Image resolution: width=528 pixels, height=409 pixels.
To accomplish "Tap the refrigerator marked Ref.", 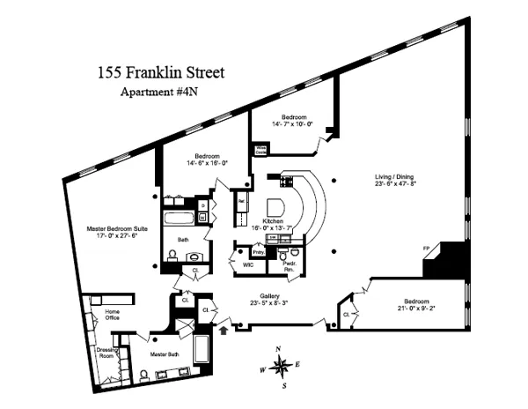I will tap(240, 202).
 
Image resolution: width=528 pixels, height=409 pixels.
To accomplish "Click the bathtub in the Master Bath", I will tap(201, 353).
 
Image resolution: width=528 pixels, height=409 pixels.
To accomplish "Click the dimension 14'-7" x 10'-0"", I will tap(293, 125).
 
